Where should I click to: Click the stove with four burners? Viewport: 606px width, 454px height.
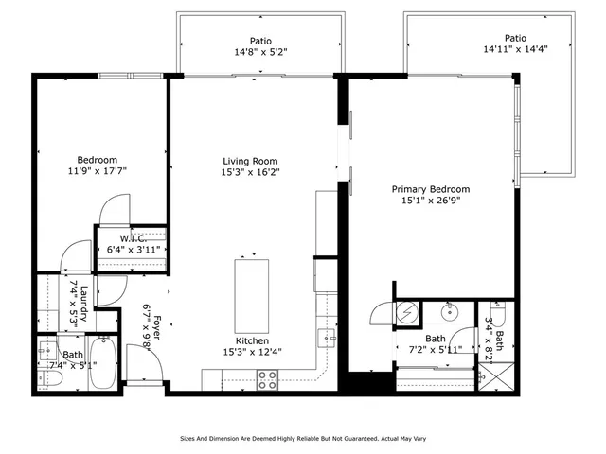click(x=268, y=379)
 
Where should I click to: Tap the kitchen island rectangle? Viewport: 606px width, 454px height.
click(x=252, y=294)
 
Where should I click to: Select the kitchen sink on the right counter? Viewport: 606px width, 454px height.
click(x=326, y=336)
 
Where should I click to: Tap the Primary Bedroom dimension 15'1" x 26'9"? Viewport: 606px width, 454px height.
click(x=431, y=201)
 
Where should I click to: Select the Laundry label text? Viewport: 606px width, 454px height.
click(x=83, y=302)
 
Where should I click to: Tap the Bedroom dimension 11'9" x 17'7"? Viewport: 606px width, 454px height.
click(x=98, y=171)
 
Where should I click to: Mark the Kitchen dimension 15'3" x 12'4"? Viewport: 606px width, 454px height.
click(x=254, y=352)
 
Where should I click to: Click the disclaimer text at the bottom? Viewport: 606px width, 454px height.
click(x=302, y=439)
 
